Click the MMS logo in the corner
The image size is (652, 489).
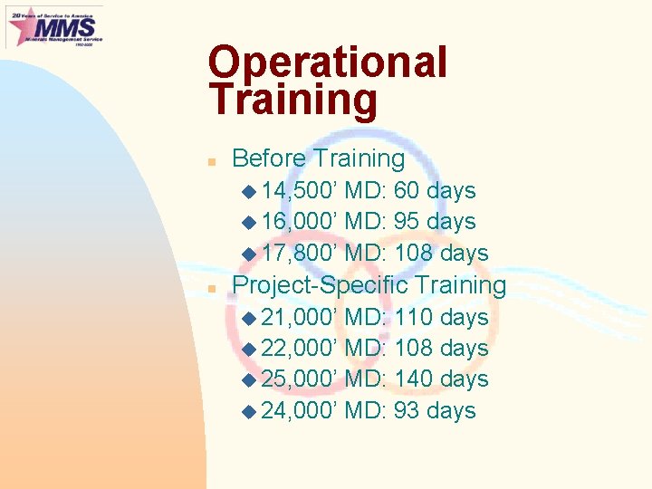(54, 26)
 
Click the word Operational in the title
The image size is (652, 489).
(327, 63)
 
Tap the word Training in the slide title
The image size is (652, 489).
(292, 101)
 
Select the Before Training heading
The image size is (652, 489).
(319, 158)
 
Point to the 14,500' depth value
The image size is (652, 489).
(300, 191)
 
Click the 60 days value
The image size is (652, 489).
(435, 191)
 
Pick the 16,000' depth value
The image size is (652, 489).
(300, 222)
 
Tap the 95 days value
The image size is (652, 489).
(435, 222)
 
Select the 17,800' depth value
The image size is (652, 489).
(300, 254)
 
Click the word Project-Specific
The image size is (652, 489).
(321, 285)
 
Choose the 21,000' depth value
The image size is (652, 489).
(300, 318)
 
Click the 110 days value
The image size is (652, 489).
(442, 318)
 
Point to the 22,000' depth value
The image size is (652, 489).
(300, 349)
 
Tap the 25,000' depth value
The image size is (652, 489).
(300, 379)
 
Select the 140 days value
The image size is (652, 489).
(442, 379)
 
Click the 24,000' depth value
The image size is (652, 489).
(300, 411)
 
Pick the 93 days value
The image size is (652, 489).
(435, 411)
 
